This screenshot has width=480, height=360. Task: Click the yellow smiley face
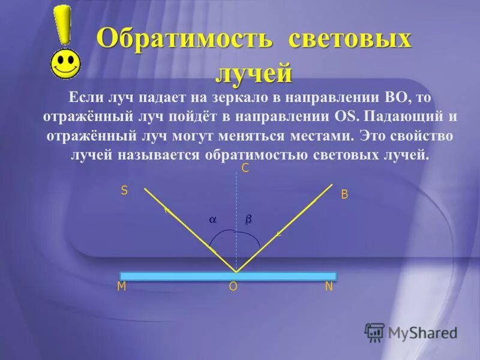coord(64,63)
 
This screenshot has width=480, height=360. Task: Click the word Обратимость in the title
coord(185,40)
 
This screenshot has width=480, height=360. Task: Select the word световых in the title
coord(350,40)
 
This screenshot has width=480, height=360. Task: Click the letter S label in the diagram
coord(124,191)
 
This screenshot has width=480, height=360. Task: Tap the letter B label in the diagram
coord(344,194)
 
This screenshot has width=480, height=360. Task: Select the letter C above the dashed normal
coord(245,169)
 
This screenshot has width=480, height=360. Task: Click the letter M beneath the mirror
coord(121,287)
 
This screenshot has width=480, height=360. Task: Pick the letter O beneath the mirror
coord(233,287)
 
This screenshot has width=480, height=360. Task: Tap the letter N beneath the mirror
coord(328,287)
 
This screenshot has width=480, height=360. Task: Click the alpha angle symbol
coord(212,221)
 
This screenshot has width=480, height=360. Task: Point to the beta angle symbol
coord(248,221)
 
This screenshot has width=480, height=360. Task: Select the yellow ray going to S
coord(180,222)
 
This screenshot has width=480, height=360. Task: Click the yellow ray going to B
coord(288,222)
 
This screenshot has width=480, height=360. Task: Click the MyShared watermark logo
coord(411,332)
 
